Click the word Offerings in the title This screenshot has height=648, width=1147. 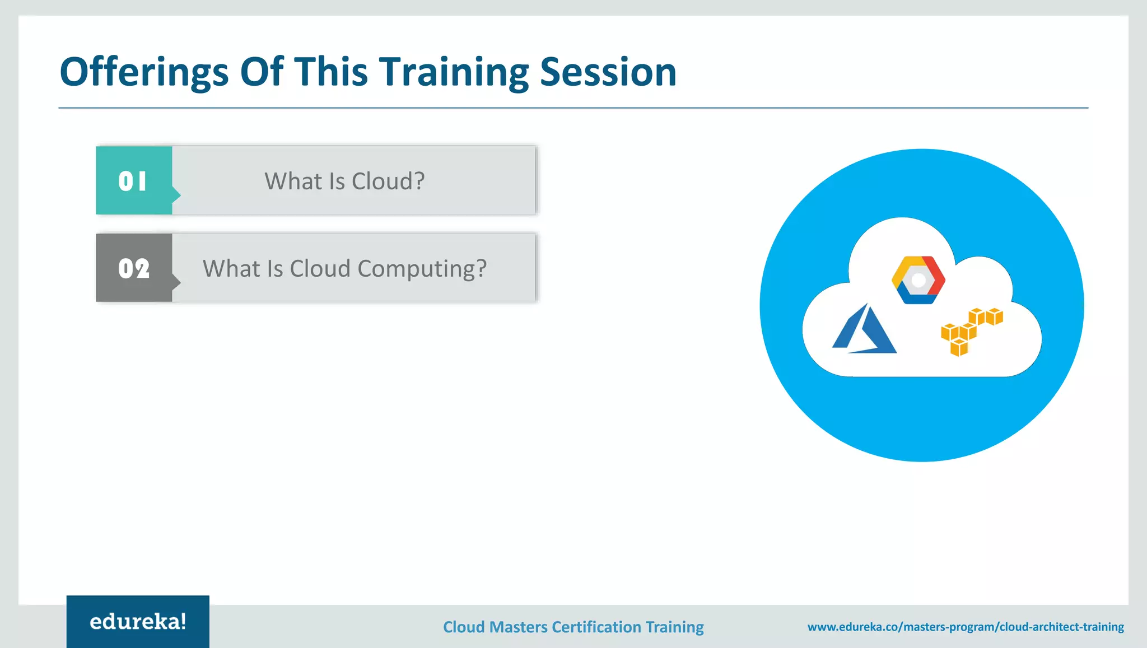144,73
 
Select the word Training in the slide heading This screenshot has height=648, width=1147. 453,73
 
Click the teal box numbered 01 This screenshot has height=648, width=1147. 133,180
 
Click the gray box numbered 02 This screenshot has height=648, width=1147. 133,268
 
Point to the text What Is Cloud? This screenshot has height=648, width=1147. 344,181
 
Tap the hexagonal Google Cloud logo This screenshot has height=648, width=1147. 918,280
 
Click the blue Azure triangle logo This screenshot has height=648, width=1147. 864,330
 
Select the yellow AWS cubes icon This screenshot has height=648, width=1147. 971,332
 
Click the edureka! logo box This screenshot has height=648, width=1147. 138,622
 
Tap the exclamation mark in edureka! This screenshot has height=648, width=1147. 183,621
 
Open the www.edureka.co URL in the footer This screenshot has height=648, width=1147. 965,627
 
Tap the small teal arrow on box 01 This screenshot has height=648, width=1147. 176,195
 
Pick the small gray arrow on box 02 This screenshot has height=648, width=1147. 176,282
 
